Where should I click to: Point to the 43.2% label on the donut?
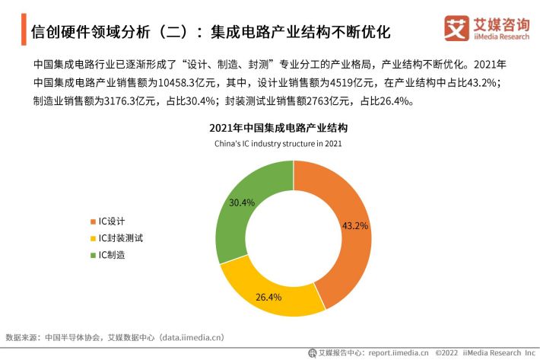tap(355, 225)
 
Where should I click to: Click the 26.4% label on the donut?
tap(268, 297)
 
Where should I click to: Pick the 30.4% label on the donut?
tap(242, 202)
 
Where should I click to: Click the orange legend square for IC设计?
tap(93, 221)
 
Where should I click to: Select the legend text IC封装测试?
tap(120, 238)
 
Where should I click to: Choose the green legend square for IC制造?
tap(93, 255)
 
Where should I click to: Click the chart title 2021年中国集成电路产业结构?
tap(278, 128)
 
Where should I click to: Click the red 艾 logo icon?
tap(456, 28)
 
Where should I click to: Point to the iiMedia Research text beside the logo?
tap(501, 37)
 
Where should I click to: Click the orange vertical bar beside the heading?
tap(24, 29)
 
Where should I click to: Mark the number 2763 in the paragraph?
tap(317, 101)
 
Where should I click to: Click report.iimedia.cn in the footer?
tap(399, 352)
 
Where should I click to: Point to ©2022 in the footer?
tap(446, 352)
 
